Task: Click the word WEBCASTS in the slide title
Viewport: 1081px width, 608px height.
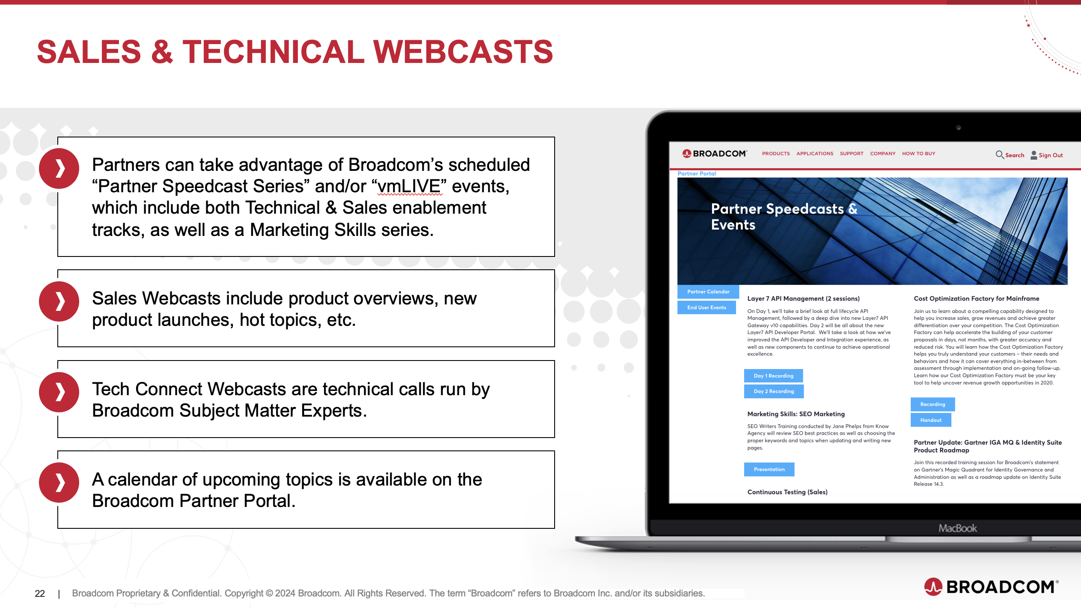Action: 463,52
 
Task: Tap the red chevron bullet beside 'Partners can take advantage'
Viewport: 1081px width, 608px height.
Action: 59,168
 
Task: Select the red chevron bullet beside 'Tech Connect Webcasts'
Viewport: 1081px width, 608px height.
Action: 59,392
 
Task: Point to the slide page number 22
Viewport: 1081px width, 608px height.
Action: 40,593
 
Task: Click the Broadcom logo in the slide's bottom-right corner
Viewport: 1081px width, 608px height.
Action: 991,587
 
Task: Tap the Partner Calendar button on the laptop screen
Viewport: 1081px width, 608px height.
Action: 708,292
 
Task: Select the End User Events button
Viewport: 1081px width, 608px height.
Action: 707,307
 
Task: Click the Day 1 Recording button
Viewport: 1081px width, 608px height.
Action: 773,376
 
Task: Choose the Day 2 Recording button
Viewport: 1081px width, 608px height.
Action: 774,391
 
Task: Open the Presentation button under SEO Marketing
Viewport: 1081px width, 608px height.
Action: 769,469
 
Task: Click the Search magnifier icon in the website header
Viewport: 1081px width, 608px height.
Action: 999,155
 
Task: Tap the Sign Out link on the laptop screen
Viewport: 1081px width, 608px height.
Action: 1051,155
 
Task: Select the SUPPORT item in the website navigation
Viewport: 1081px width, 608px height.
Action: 852,154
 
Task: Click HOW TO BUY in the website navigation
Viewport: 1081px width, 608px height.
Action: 919,154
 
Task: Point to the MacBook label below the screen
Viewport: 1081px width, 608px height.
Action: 958,528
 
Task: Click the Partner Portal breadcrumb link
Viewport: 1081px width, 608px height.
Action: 697,173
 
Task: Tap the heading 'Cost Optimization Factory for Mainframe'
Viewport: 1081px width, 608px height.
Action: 977,298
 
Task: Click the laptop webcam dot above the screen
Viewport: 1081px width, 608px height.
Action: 959,127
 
